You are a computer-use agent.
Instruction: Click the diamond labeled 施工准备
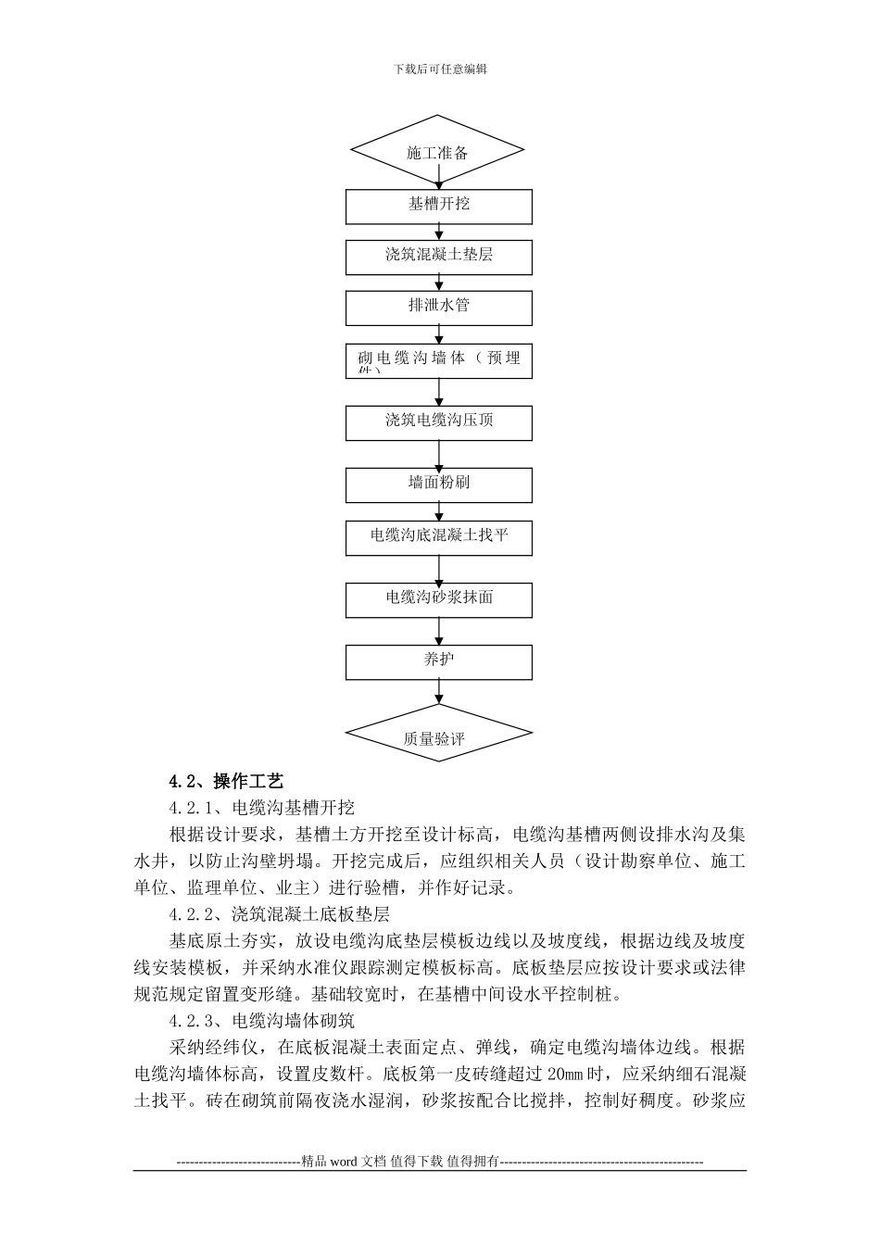(437, 151)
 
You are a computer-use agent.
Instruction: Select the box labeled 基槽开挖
(439, 206)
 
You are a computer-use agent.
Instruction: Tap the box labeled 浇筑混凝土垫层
(439, 257)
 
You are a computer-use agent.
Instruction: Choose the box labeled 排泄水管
(439, 307)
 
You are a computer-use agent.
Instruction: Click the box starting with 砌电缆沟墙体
(439, 359)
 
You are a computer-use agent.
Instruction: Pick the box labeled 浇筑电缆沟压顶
(439, 421)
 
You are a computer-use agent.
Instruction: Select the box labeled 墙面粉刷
(439, 484)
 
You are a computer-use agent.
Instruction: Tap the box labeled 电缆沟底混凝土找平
(439, 536)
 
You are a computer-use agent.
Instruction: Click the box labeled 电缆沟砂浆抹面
(439, 599)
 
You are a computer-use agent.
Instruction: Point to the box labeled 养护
(439, 661)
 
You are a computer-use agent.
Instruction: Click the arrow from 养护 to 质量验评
(439, 693)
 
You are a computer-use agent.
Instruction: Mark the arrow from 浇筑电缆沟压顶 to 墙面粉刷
(439, 454)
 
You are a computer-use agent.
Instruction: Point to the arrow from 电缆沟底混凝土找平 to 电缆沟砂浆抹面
(439, 569)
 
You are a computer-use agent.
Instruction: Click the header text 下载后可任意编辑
(440, 69)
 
